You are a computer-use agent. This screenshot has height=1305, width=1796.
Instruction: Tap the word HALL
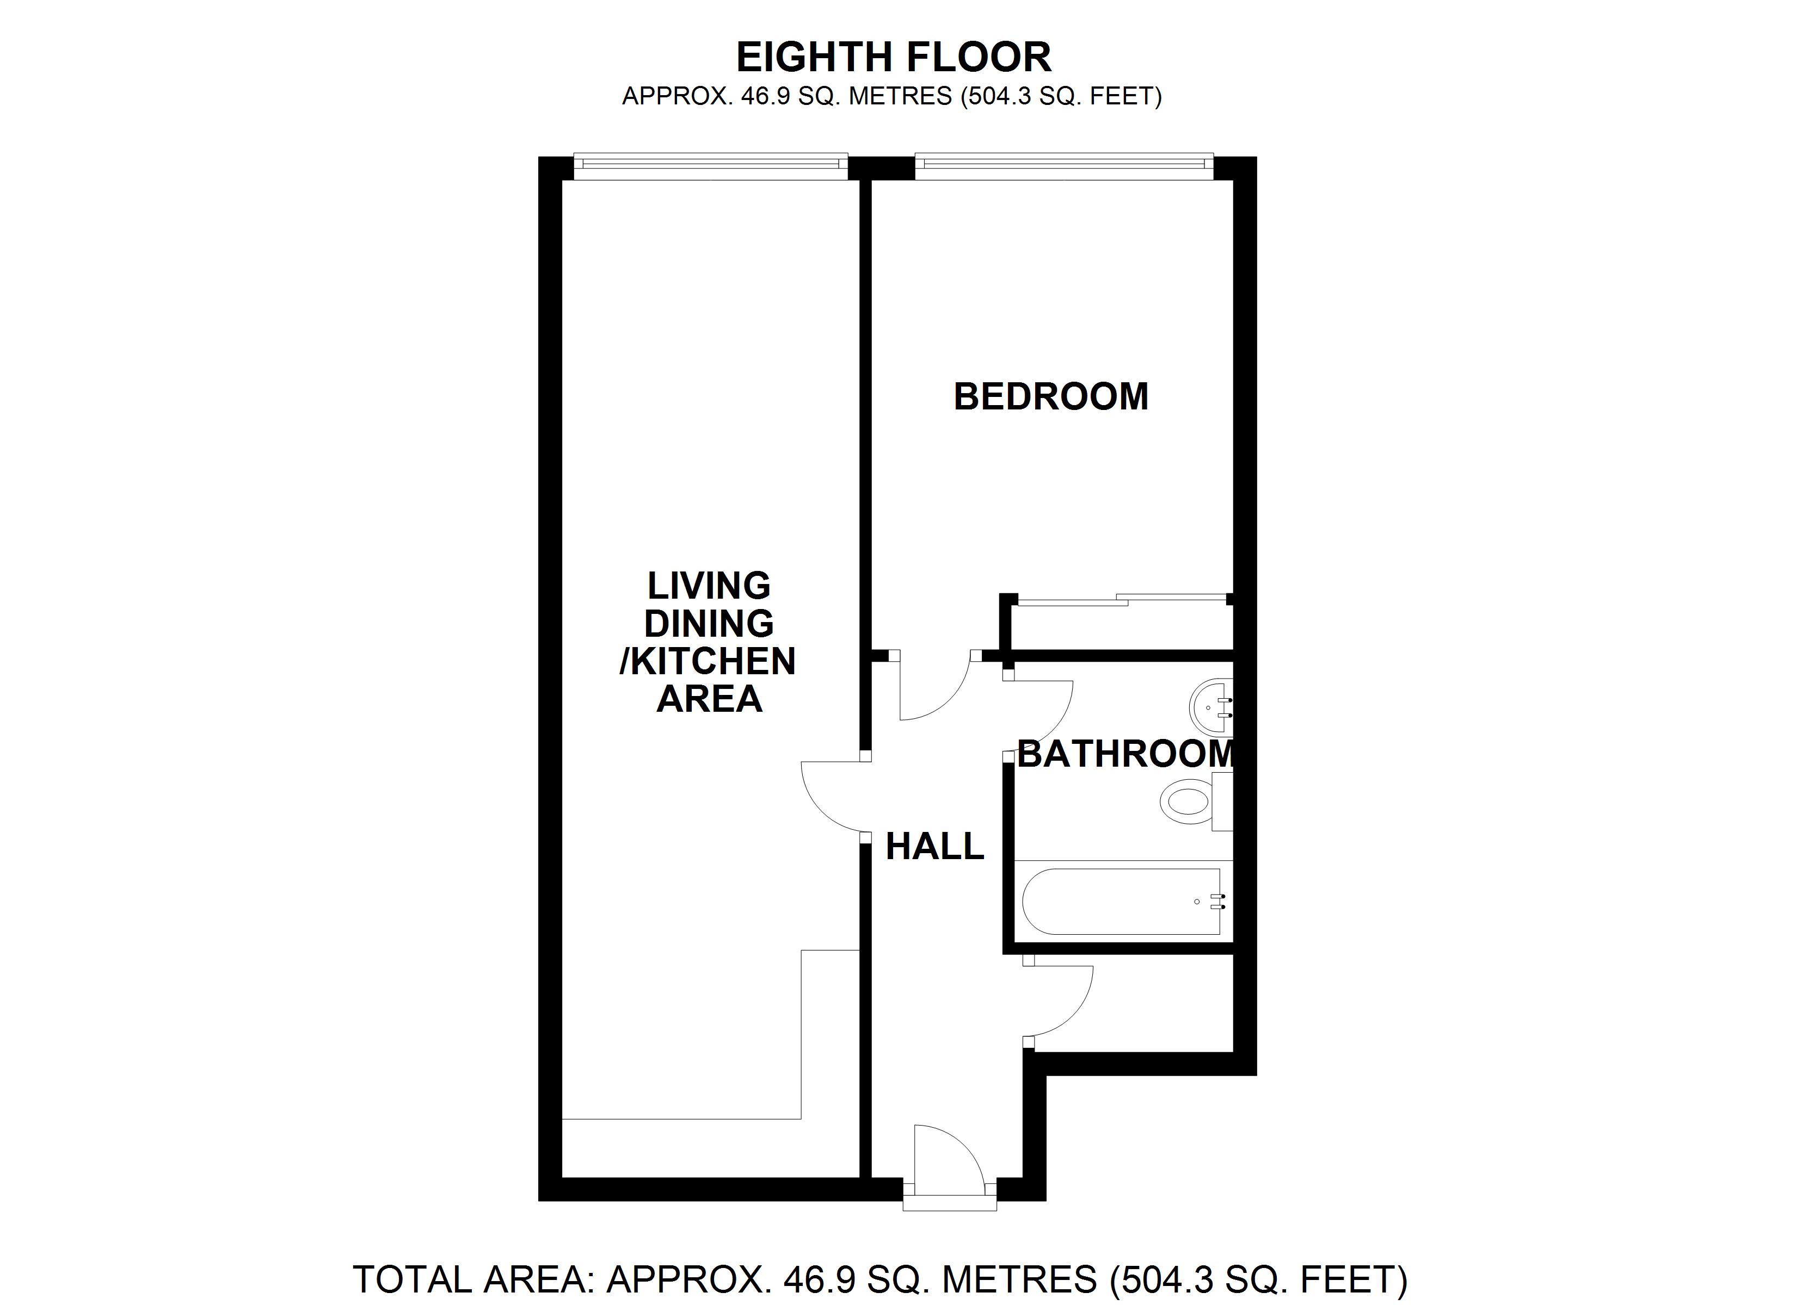click(934, 847)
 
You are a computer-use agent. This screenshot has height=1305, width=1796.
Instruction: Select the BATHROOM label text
click(1125, 754)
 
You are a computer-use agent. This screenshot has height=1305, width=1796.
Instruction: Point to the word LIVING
click(709, 586)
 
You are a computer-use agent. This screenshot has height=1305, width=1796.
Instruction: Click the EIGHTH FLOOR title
click(893, 57)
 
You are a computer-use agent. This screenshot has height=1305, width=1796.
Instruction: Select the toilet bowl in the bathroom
click(1185, 801)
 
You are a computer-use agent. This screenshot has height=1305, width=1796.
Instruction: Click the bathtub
click(1121, 902)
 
